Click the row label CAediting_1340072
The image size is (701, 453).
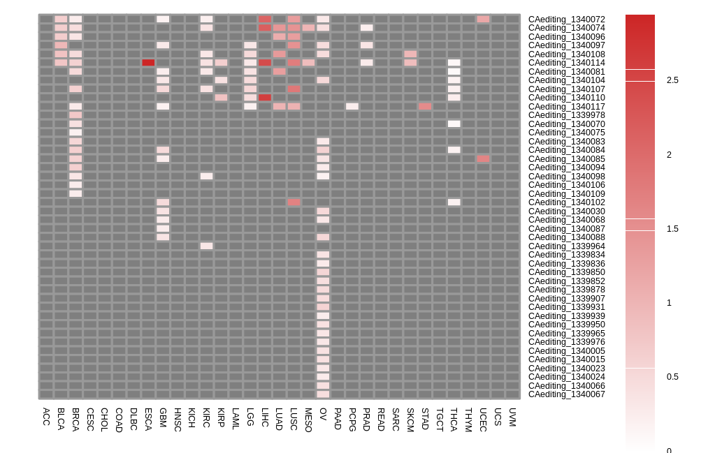tap(566, 20)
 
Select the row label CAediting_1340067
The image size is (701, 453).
tap(566, 394)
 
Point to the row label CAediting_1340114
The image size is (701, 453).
tap(566, 63)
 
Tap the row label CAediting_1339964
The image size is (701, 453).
tap(566, 246)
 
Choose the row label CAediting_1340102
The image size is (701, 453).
tap(566, 202)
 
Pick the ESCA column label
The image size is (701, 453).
tap(148, 419)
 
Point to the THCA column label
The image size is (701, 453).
tap(454, 419)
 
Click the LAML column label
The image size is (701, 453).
tap(236, 419)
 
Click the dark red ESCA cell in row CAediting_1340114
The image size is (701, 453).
tap(148, 63)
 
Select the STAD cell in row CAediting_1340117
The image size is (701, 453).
tap(425, 106)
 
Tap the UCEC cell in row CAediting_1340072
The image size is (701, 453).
tap(483, 20)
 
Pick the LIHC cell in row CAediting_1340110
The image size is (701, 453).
tap(265, 98)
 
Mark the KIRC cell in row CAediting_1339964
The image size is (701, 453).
tap(206, 246)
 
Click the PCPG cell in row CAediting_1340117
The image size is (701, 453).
tap(352, 106)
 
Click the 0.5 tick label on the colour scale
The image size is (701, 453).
tap(673, 377)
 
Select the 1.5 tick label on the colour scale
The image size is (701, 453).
tap(673, 229)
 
